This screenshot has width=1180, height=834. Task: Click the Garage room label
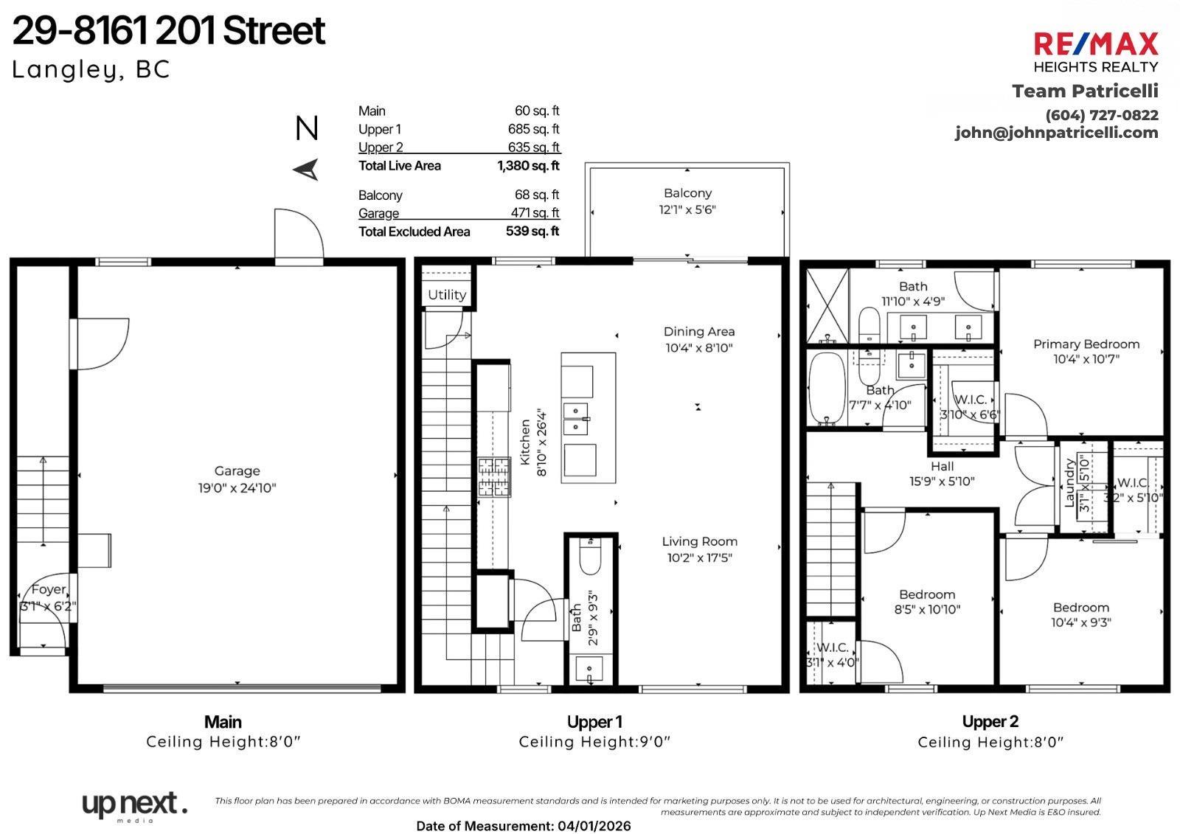pos(237,470)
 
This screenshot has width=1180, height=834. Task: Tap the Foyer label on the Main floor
pos(48,589)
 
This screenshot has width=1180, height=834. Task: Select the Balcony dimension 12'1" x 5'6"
pos(687,209)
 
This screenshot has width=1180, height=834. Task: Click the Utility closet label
pos(446,295)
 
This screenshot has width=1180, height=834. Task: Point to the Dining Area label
pos(698,332)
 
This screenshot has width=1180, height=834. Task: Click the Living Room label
pos(699,541)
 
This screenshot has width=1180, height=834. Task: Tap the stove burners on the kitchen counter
pos(493,477)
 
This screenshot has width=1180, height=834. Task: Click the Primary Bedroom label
pos(1086,344)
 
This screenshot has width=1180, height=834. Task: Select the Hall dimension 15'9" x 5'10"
pos(942,482)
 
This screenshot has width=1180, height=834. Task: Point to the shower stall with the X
pos(827,305)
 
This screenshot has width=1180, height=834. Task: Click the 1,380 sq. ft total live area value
pos(528,166)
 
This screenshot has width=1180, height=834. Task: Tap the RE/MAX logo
pos(1095,44)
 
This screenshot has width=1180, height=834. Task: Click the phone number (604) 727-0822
pos(1101,115)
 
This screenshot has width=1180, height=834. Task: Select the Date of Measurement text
pos(523,826)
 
